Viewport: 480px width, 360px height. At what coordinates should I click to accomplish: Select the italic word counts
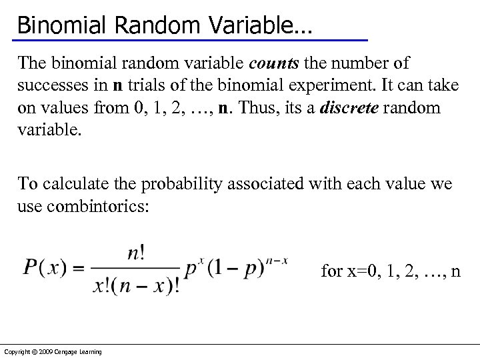275,63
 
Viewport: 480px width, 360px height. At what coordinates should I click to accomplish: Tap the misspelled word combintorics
99,205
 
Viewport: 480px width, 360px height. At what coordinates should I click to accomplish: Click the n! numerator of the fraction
136,254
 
